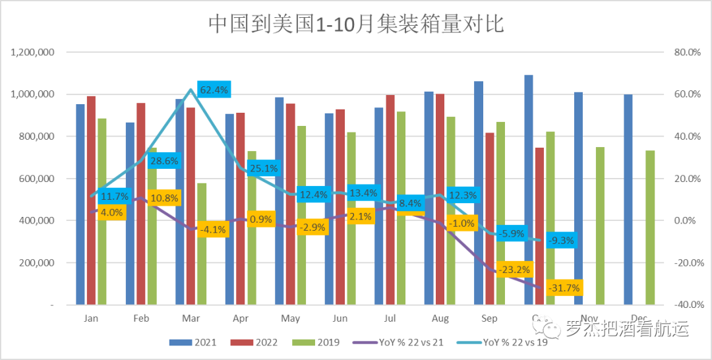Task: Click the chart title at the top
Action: point(356,24)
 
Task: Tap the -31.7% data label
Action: point(564,287)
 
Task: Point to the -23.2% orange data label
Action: point(514,269)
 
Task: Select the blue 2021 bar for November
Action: point(578,198)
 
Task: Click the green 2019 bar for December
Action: point(650,227)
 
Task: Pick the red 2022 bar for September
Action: point(490,218)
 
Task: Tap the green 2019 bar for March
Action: point(201,243)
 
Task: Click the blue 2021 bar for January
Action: point(80,204)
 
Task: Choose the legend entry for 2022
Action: point(254,342)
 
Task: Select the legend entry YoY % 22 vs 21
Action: point(397,342)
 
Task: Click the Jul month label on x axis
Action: point(390,318)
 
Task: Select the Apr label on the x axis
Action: point(240,318)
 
